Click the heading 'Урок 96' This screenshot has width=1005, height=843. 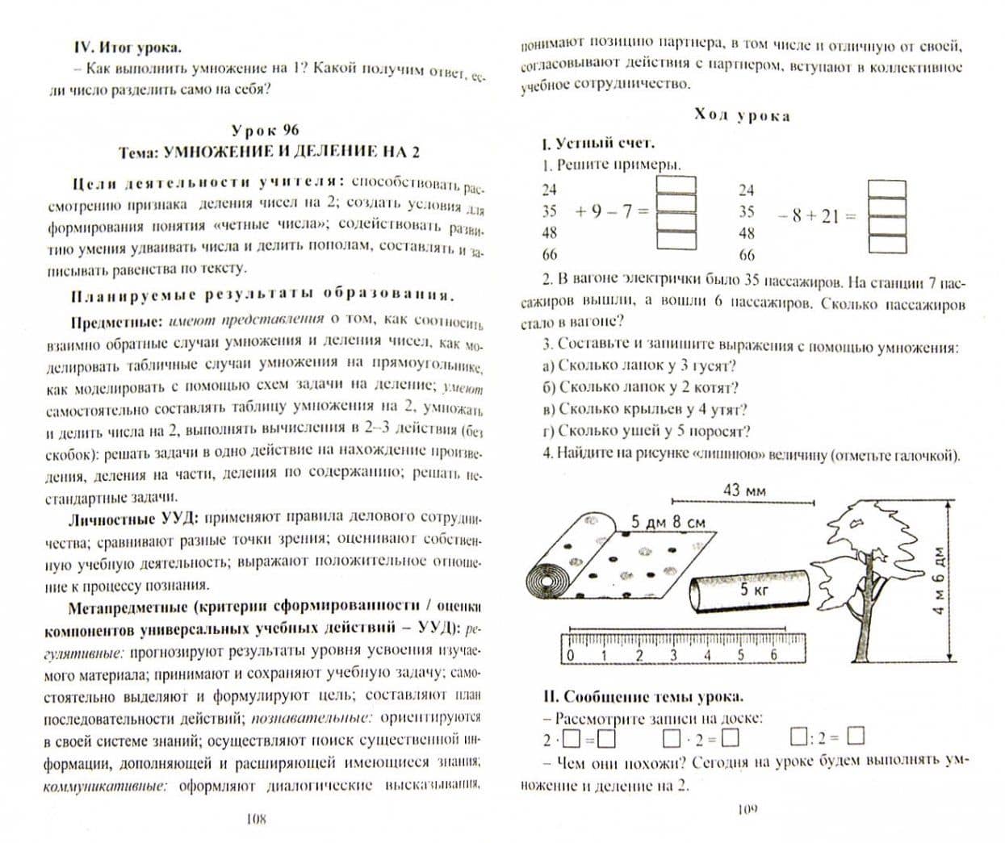[265, 130]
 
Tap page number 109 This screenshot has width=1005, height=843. [747, 809]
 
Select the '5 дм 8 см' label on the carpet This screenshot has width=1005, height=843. [668, 522]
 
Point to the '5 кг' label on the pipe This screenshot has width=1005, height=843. [755, 590]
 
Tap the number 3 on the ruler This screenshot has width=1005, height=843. [672, 654]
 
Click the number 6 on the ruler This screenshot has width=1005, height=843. [773, 654]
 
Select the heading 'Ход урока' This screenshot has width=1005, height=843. [742, 115]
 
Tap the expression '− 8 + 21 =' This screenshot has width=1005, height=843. [816, 216]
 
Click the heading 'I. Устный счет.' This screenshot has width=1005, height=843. [597, 144]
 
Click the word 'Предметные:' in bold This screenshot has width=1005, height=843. [117, 322]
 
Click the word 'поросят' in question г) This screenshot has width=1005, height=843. [718, 432]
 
